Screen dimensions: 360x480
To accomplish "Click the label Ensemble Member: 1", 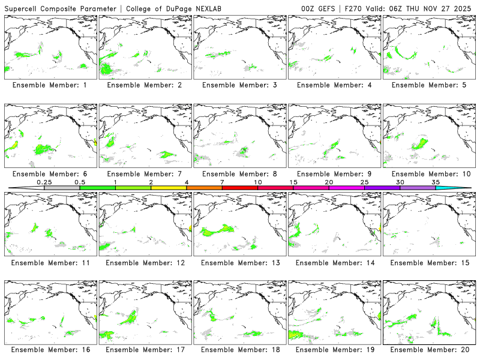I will [49, 85].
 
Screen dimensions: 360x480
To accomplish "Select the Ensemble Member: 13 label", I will [239, 262].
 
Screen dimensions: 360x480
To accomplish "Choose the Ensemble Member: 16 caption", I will [49, 349].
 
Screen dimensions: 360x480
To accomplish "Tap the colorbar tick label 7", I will [222, 182].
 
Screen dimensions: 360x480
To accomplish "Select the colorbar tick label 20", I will [329, 182].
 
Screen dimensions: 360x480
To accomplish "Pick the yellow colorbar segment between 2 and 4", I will [169, 188].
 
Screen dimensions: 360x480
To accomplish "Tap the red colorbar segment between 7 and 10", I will [240, 188].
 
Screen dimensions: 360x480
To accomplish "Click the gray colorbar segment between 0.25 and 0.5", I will [62, 188].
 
